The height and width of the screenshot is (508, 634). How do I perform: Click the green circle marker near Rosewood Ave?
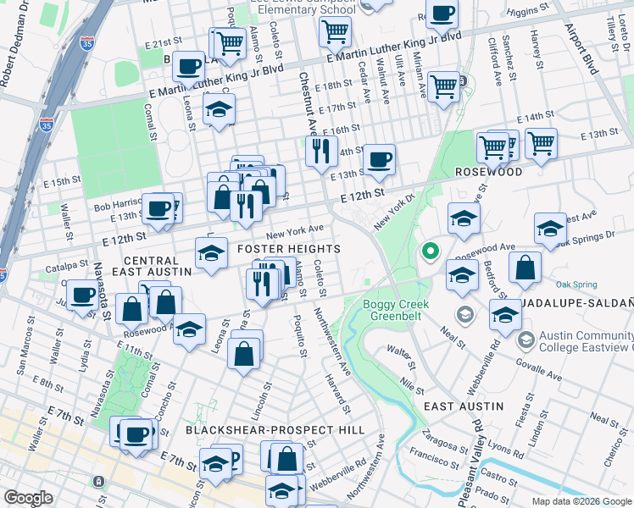pos(431,251)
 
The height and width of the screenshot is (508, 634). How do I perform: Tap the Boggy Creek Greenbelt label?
pos(397,310)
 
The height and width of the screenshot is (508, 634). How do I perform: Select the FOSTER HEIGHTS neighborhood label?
pos(288,249)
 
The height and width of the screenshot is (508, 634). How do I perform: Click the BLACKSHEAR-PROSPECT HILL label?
pos(275,430)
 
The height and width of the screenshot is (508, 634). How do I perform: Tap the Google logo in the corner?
pos(28,498)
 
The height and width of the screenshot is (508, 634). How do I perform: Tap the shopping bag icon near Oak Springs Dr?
pos(525,267)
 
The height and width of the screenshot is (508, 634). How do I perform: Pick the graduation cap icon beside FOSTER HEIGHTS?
pos(211,252)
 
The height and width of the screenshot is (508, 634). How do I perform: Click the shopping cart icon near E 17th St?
pos(444,86)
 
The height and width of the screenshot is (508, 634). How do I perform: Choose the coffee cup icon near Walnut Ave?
pos(379,157)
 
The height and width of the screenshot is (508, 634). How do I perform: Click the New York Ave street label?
pos(295,230)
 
